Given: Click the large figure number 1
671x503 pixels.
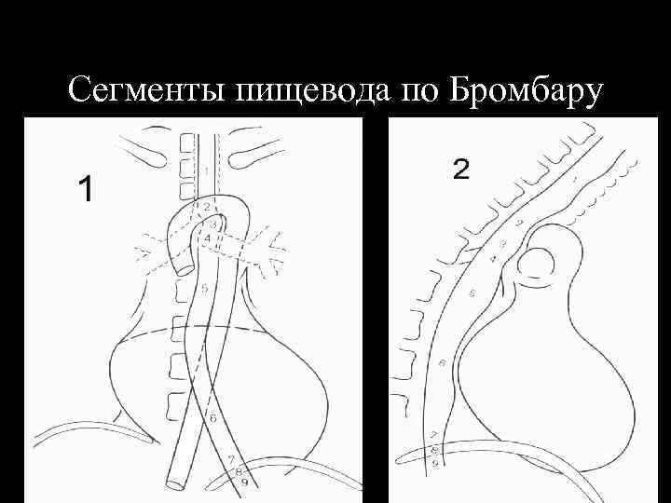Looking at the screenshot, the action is [x=86, y=189].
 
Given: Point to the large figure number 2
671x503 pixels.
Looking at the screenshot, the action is [x=461, y=169].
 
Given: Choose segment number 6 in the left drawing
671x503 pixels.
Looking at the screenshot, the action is [x=212, y=417].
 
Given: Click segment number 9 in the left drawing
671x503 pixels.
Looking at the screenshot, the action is [x=244, y=483].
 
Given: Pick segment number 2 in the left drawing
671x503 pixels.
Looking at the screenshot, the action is [x=207, y=206].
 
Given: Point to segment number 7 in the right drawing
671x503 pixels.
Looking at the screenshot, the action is [x=433, y=435].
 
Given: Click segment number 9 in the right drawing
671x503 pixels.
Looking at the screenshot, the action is [x=437, y=463].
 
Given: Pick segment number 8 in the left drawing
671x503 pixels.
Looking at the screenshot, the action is [x=238, y=472].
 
